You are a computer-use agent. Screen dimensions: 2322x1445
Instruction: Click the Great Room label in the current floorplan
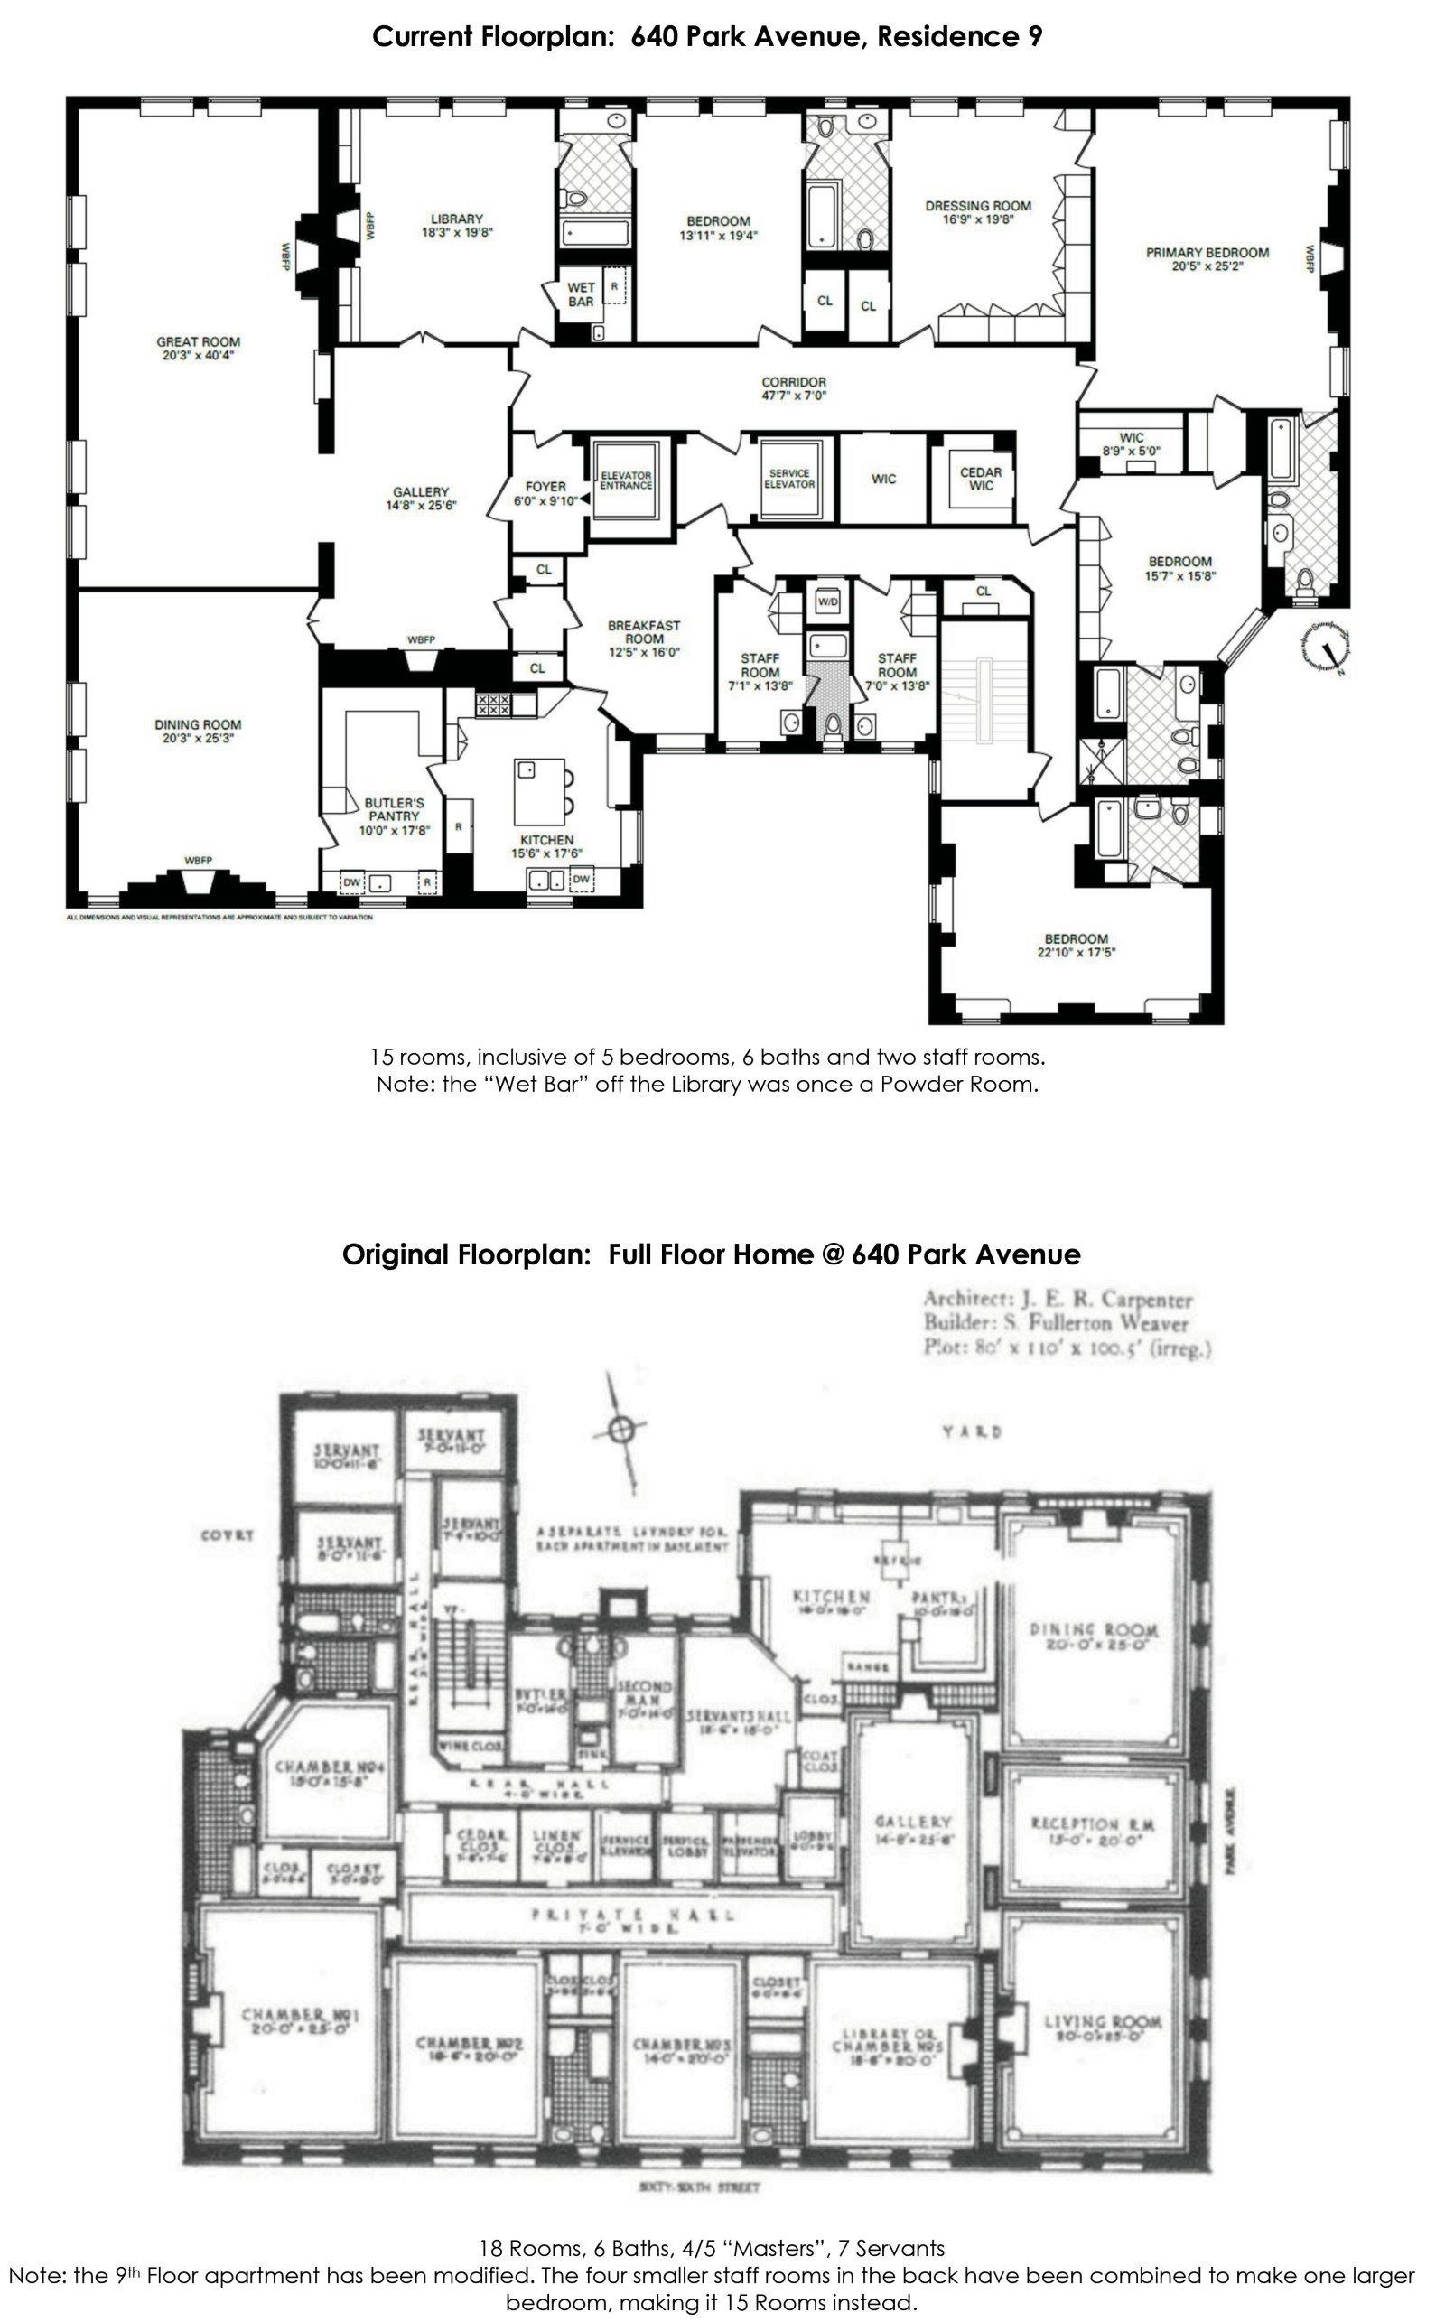click(x=198, y=342)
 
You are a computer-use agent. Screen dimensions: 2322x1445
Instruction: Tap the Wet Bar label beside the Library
click(x=581, y=294)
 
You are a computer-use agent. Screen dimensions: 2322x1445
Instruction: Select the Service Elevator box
click(x=789, y=479)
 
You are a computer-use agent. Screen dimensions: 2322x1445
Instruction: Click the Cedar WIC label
click(x=981, y=479)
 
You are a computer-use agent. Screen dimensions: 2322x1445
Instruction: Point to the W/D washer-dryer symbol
click(x=826, y=603)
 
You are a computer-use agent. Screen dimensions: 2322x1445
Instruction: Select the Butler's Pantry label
click(x=394, y=809)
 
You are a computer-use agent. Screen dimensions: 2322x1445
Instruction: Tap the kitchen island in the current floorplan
click(x=539, y=790)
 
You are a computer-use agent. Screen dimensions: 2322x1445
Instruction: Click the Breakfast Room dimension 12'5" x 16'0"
click(x=644, y=653)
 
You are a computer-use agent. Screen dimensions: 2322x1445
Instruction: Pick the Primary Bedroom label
click(x=1207, y=253)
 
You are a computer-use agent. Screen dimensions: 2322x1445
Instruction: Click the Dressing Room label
click(x=978, y=205)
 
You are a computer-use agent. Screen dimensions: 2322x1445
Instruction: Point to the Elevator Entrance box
click(x=626, y=480)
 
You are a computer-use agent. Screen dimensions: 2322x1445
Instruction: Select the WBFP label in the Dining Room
click(x=198, y=860)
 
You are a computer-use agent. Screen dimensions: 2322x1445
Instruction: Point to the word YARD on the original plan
click(x=971, y=1431)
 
